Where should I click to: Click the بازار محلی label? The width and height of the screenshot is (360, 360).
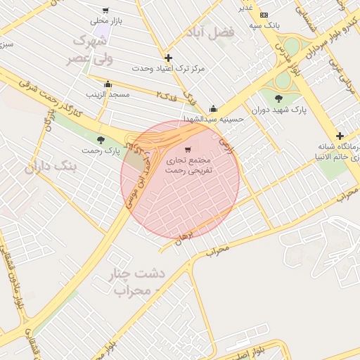tap(109, 22)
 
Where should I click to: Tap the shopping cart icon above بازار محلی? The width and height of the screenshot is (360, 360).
tap(105, 11)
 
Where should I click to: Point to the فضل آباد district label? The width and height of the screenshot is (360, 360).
tap(208, 32)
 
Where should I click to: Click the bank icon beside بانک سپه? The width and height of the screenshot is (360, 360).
tap(264, 15)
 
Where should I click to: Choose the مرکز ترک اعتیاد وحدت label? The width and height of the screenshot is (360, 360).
tap(169, 69)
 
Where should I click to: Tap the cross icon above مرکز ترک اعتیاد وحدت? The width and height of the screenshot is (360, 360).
tap(168, 58)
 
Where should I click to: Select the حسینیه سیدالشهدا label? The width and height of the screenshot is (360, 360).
tap(213, 120)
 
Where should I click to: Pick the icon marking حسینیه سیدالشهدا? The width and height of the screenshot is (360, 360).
tap(213, 109)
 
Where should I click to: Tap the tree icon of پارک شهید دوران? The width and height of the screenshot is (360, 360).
tap(279, 98)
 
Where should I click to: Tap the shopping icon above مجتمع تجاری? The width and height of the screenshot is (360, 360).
tap(187, 150)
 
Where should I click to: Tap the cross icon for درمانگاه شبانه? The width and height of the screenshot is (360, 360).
tap(340, 136)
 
